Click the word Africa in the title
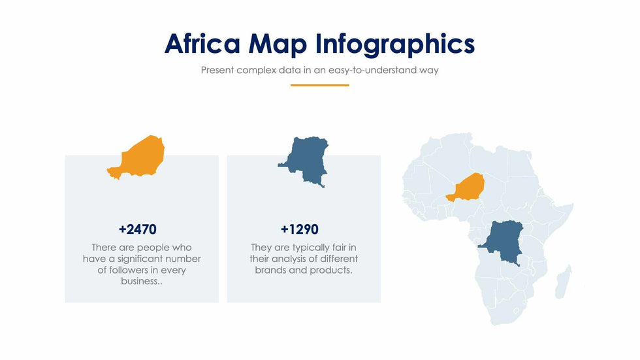tap(202, 43)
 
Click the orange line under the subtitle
tap(319, 86)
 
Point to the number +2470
tap(138, 229)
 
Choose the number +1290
tap(300, 229)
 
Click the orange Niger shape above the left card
tap(136, 157)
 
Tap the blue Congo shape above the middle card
tap(304, 161)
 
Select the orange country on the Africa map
tap(465, 187)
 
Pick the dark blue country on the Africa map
tap(502, 242)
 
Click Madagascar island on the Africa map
tap(563, 282)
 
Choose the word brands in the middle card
tap(270, 270)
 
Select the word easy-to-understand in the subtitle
tap(372, 70)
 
